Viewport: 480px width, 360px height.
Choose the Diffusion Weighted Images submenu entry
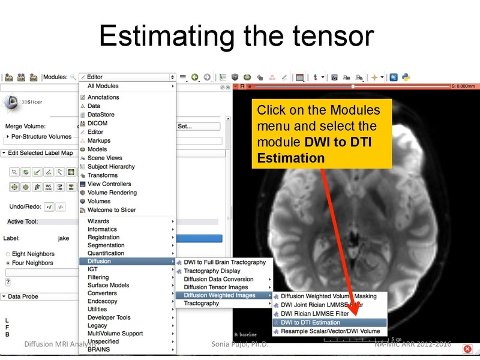[x=220, y=295]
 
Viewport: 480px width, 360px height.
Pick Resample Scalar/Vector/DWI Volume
[x=330, y=331]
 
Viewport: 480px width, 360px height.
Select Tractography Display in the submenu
[x=213, y=271]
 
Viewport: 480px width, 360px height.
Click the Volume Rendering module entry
[x=112, y=193]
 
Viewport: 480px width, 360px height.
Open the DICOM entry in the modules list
[x=97, y=123]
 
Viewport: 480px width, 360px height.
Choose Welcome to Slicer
[x=112, y=210]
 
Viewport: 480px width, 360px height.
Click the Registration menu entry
[x=103, y=237]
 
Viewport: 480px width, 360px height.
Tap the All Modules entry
[x=103, y=86]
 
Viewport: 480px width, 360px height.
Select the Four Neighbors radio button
[x=7, y=263]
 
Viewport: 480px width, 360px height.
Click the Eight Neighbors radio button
[x=7, y=254]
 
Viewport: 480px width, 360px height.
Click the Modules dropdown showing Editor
[x=127, y=77]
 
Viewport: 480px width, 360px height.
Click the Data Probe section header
[x=23, y=296]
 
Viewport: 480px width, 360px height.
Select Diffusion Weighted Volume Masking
[x=328, y=296]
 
